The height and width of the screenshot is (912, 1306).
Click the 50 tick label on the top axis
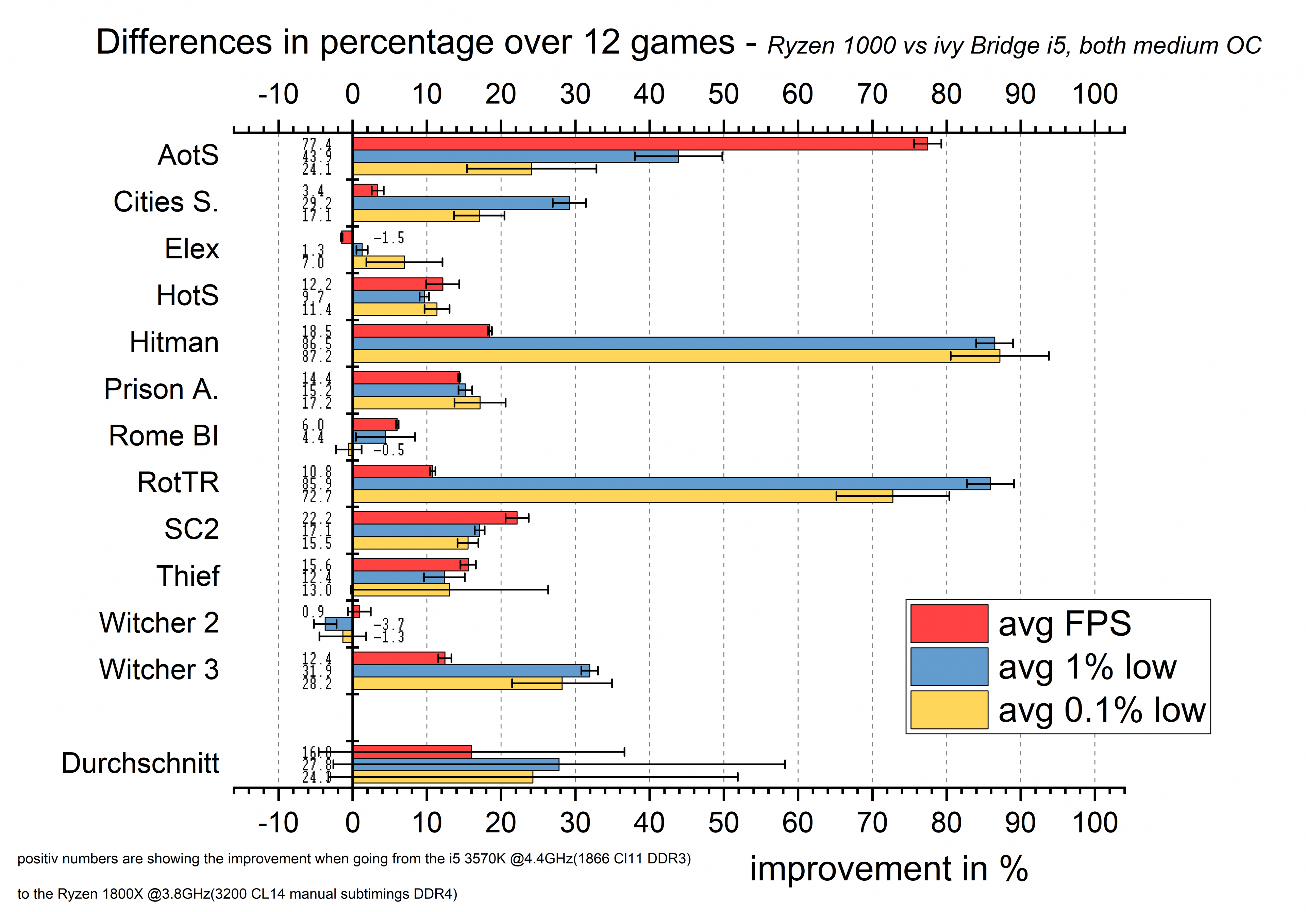click(x=723, y=94)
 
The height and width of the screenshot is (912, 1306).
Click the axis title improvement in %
click(x=888, y=870)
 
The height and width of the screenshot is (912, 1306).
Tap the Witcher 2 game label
click(x=159, y=623)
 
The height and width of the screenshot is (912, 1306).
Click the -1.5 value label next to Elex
click(x=389, y=238)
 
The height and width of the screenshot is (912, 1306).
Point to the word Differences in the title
click(x=184, y=42)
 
